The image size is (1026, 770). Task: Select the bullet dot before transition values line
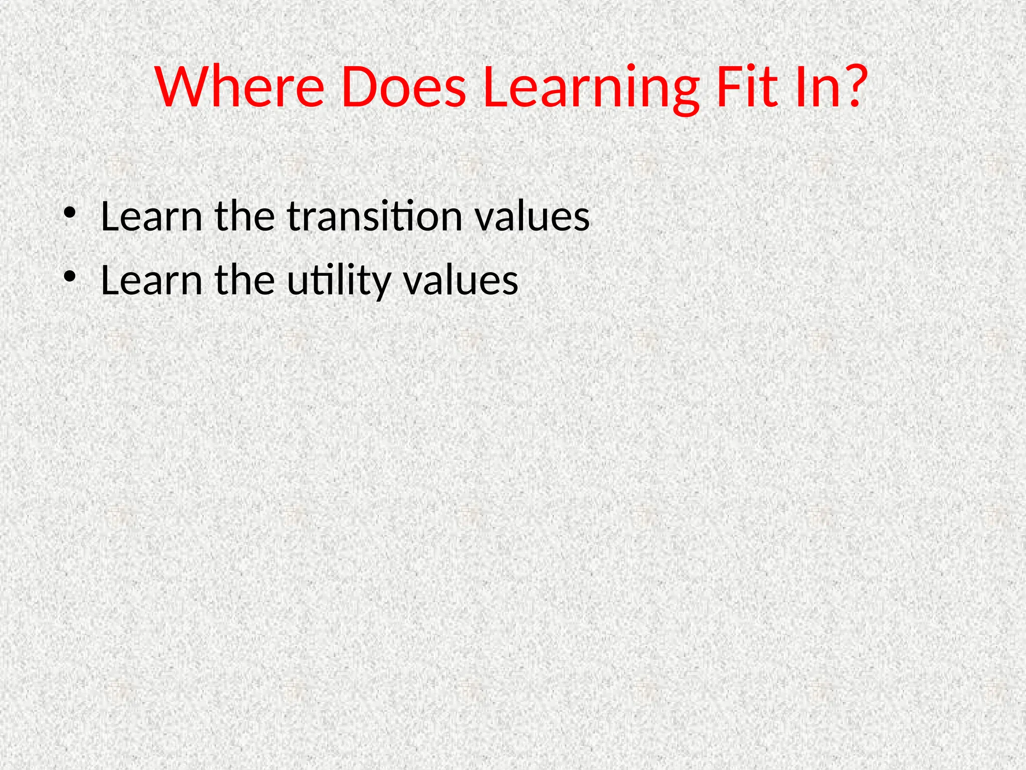click(70, 213)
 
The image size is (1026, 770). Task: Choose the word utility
click(339, 281)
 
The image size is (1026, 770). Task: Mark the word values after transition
click(532, 216)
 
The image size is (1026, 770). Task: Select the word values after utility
click(460, 280)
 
